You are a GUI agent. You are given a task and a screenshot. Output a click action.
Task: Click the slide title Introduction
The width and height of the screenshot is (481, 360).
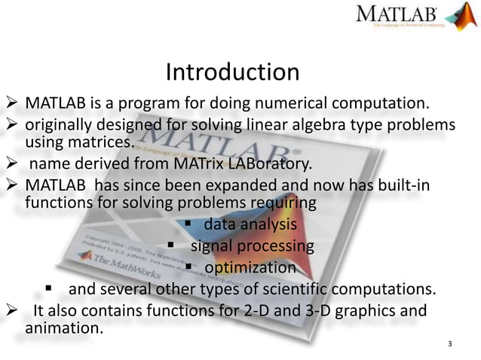(232, 72)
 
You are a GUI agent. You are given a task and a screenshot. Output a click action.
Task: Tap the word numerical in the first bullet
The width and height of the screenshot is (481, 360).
(291, 102)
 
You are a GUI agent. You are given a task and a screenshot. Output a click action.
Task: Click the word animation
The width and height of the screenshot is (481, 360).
(63, 329)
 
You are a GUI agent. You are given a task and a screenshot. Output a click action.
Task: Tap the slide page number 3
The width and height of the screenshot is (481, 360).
(449, 345)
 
